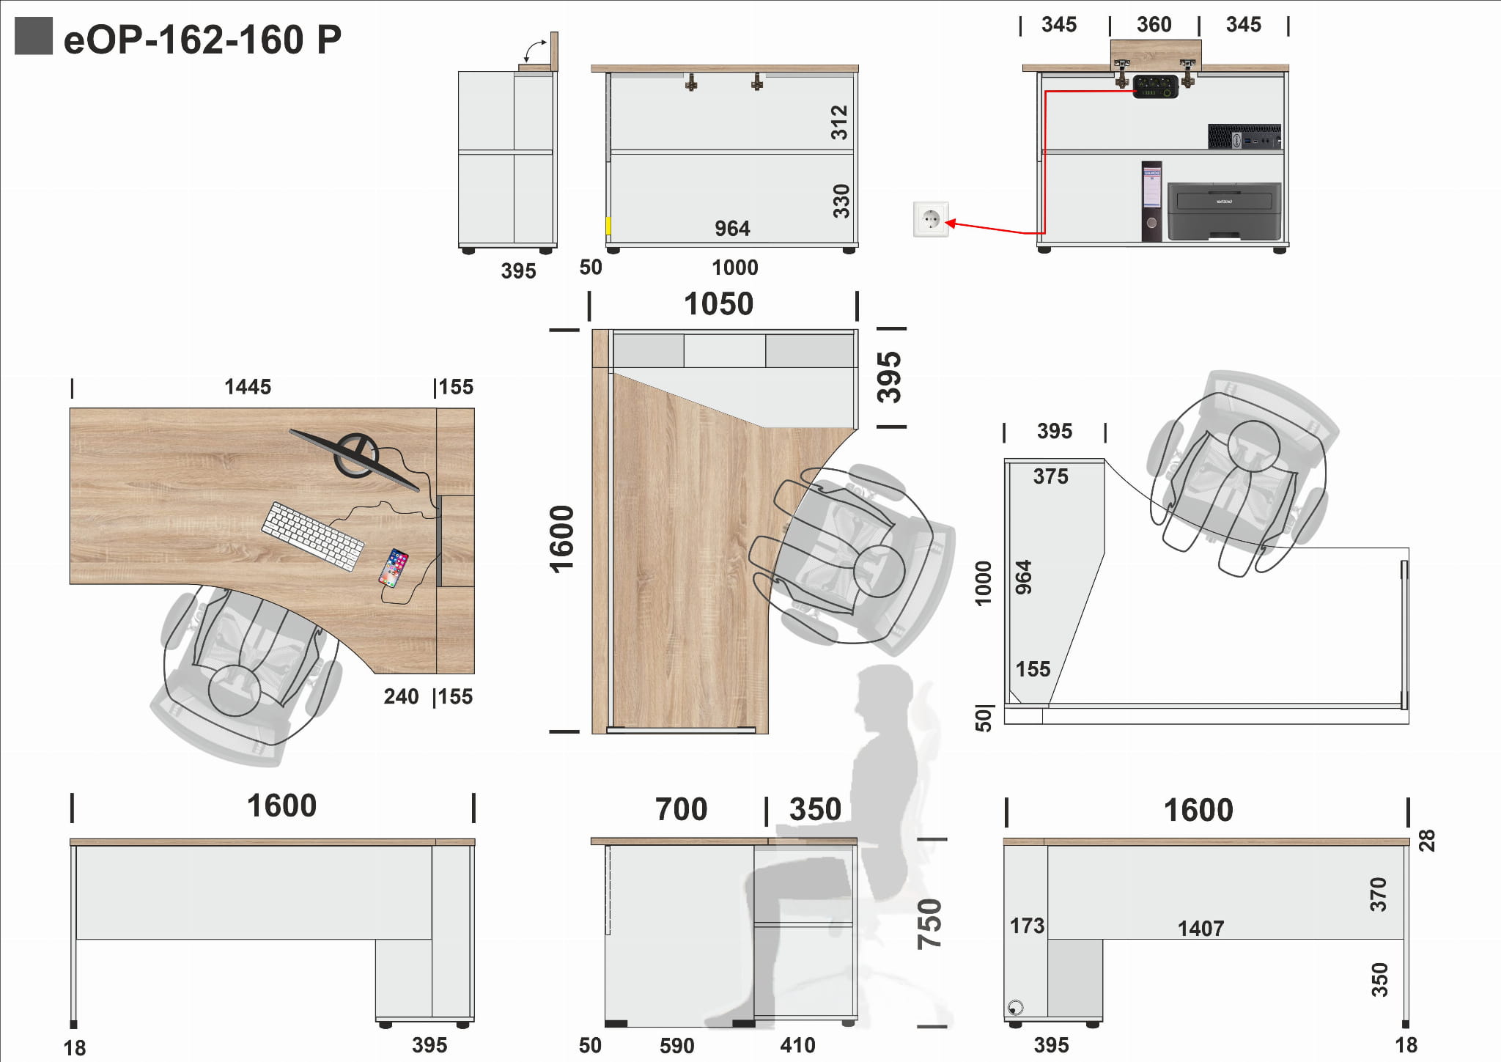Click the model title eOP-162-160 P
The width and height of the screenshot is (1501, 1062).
point(202,40)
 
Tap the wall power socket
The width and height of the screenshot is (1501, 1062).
point(931,218)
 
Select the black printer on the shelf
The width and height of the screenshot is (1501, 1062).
point(1224,211)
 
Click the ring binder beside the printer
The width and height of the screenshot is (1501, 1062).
point(1151,201)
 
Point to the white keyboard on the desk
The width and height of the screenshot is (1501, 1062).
point(313,535)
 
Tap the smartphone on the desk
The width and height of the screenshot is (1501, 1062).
point(394,568)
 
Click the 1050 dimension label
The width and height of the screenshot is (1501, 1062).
point(718,304)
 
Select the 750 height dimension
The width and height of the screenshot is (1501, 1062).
point(929,924)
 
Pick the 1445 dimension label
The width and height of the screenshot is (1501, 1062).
point(248,387)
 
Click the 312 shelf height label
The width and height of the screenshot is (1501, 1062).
point(839,122)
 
